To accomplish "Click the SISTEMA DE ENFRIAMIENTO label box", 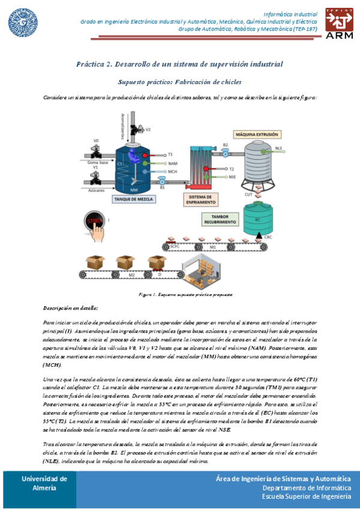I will (199, 199).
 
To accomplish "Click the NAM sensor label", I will (173, 163).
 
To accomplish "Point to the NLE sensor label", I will (278, 148).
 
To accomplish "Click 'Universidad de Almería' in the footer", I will (44, 483).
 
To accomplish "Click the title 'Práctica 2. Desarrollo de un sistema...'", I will (179, 64).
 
